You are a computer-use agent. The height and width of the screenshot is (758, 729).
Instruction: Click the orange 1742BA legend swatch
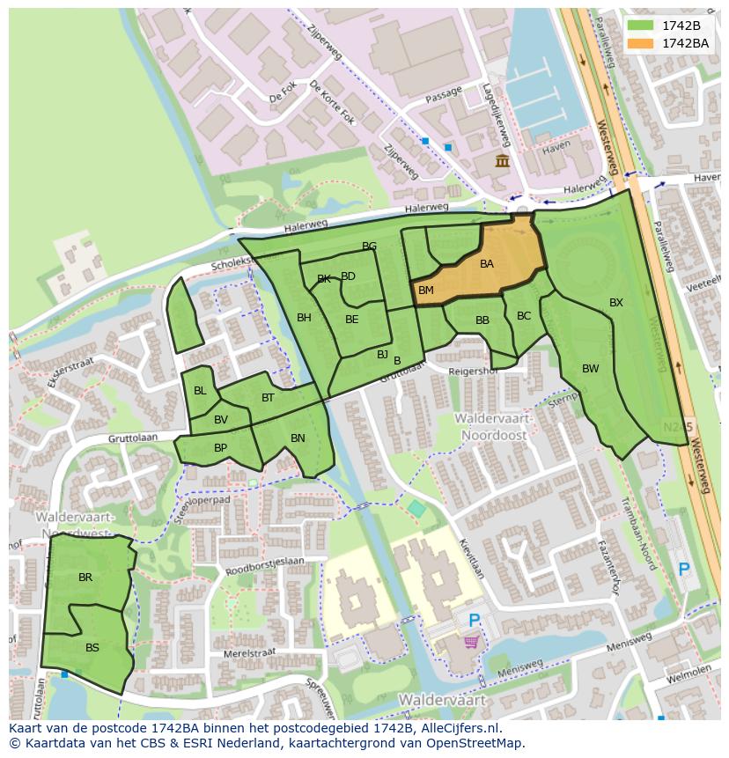642,43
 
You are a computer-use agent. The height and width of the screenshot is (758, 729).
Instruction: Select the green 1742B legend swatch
642,26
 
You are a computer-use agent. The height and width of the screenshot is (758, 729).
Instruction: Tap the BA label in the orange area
486,263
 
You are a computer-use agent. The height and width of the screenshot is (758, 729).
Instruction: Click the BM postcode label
425,291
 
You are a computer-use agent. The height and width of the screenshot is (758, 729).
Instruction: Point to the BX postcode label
615,303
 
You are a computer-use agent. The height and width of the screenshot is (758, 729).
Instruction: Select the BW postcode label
590,369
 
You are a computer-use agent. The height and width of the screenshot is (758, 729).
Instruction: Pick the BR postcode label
85,578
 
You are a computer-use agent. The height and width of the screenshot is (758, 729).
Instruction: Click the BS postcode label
92,647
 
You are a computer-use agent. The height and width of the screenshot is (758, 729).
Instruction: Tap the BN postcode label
298,438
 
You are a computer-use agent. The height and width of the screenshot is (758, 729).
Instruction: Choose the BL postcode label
200,391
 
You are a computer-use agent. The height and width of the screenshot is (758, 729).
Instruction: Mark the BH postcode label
304,318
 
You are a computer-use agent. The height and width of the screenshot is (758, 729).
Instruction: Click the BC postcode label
524,316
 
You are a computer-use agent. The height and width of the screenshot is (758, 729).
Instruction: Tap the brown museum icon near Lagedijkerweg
502,160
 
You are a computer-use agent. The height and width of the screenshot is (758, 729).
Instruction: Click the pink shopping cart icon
472,643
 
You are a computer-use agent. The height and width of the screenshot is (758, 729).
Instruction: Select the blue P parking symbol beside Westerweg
683,570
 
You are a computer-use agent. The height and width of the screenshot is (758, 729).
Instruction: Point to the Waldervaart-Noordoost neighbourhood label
490,427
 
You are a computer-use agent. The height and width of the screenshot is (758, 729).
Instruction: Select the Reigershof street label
474,372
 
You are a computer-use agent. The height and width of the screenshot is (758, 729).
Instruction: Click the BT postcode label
268,398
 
